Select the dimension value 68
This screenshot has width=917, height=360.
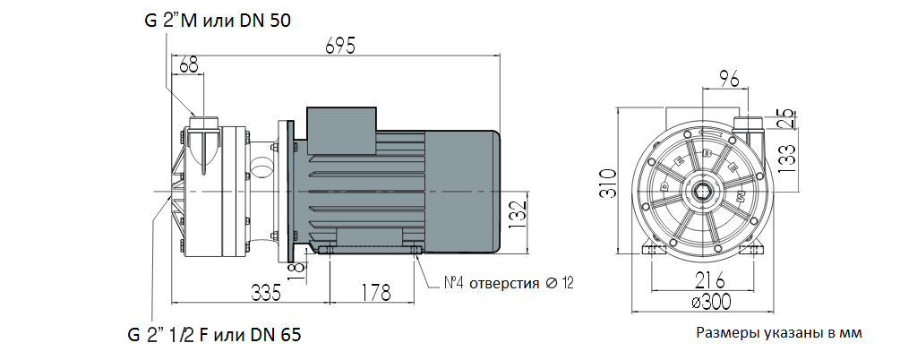188,64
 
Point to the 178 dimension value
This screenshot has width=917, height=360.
373,292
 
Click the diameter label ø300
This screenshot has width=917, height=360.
706,303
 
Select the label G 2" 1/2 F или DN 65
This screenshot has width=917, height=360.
213,336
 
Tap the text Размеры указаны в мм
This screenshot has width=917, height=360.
778,333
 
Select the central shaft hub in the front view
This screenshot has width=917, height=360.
704,191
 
